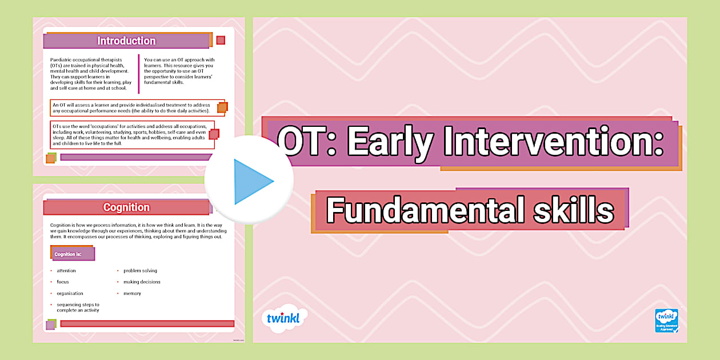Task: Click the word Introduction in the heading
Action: pos(126,41)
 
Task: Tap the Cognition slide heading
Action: pos(126,207)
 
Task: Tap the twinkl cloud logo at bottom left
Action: pos(284,318)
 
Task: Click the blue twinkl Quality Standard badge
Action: pos(666,320)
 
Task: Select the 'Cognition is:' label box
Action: pos(72,254)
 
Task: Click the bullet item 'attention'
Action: pos(66,271)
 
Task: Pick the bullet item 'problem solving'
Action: pos(140,271)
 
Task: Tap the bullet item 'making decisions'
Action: pos(142,282)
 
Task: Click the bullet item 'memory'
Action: pos(132,293)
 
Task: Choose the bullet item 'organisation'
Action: pos(70,293)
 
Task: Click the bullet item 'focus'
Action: pos(63,282)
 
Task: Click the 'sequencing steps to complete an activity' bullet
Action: pos(78,307)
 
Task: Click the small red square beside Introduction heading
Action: pos(221,40)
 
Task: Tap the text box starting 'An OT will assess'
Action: pos(131,107)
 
